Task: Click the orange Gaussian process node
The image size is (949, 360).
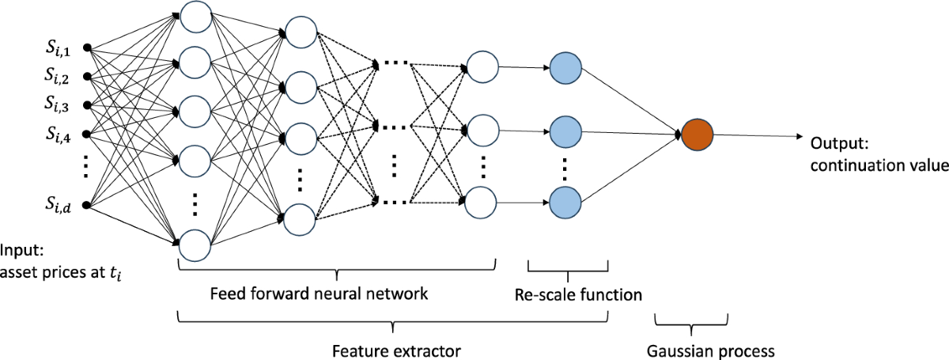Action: [x=698, y=136]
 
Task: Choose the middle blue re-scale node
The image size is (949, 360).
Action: [x=565, y=129]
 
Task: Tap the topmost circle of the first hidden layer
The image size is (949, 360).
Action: [x=195, y=13]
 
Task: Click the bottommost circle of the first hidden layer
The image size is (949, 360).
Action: [x=195, y=244]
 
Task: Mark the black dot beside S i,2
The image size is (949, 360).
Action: [x=87, y=77]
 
